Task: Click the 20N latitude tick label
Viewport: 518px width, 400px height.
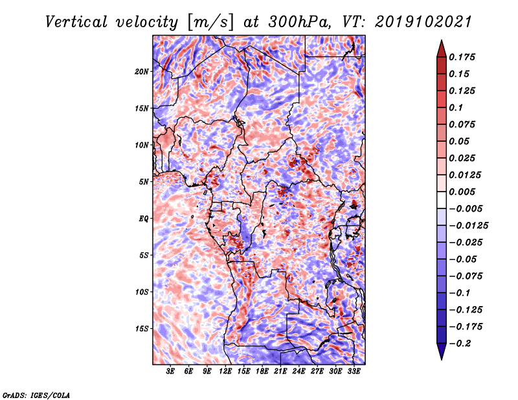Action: click(142, 71)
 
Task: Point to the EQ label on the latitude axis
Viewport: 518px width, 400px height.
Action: click(143, 218)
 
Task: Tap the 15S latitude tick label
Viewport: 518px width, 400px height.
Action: click(142, 328)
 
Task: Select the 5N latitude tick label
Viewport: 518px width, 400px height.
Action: click(144, 181)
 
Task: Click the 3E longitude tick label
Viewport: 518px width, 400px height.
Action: click(171, 372)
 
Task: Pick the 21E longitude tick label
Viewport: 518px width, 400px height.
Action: click(281, 372)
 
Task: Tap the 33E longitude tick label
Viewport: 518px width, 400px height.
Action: click(354, 372)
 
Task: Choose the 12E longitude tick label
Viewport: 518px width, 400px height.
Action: click(226, 372)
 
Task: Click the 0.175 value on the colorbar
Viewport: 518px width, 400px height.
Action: click(463, 57)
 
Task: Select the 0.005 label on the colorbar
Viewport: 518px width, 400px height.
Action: click(463, 192)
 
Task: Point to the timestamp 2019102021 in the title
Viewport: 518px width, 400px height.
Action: click(412, 21)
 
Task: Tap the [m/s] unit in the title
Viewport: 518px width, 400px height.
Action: click(208, 21)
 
